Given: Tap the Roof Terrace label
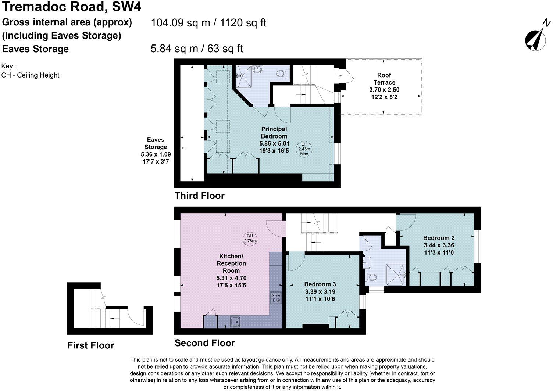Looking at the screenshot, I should click(384, 79).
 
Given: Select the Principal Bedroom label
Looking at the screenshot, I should click(274, 133).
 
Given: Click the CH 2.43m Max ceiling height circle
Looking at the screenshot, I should click(304, 149).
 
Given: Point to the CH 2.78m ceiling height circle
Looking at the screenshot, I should click(250, 238).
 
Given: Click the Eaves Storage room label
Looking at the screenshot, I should click(156, 143).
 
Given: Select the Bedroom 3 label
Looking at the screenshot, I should click(320, 284).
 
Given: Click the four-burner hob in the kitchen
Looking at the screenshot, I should click(276, 297).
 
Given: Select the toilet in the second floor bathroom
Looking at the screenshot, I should click(371, 277).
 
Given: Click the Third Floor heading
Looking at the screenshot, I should click(200, 195).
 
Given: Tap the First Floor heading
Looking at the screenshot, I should click(91, 345).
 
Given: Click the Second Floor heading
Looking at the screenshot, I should click(205, 343).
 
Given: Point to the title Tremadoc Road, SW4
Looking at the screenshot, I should click(72, 7).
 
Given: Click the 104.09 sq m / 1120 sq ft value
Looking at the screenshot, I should click(208, 23).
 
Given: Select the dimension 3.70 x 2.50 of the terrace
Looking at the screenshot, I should click(384, 90).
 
